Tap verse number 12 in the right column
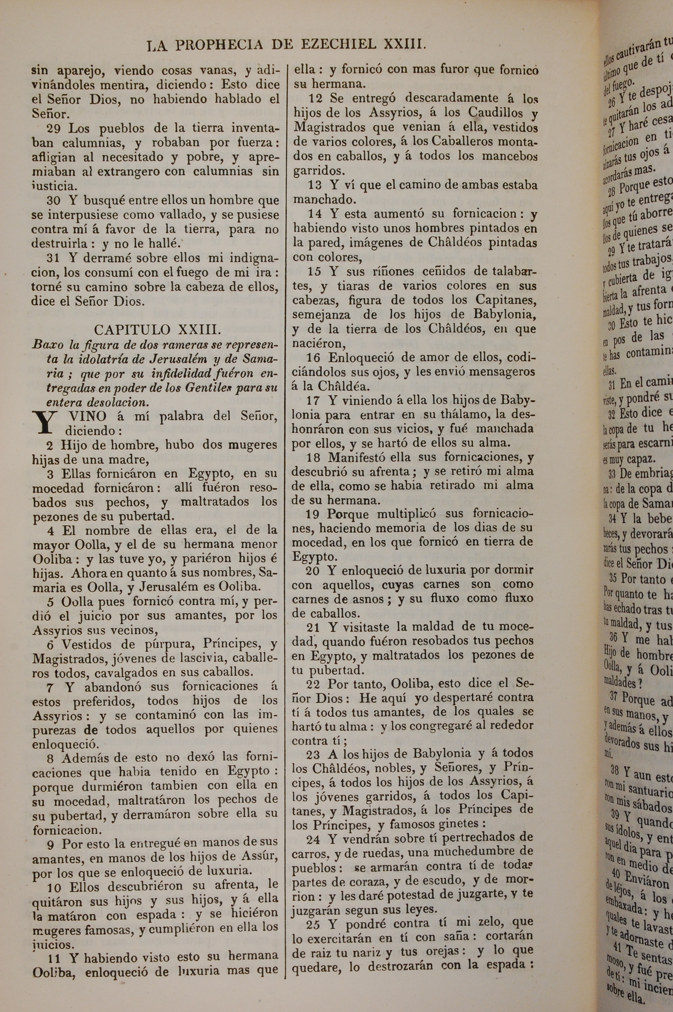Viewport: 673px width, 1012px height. pos(316,99)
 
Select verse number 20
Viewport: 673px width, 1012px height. pos(313,570)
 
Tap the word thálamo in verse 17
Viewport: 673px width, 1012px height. pos(460,415)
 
